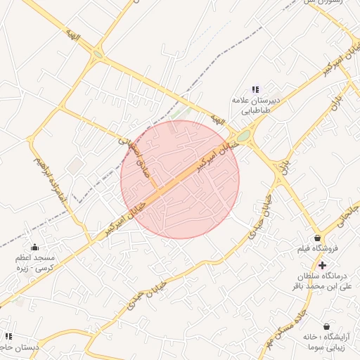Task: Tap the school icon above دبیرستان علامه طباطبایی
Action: (255, 89)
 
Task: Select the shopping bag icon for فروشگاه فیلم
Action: (318, 238)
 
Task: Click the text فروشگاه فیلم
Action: (316, 250)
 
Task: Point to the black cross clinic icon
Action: (322, 265)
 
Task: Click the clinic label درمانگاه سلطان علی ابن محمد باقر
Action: (322, 281)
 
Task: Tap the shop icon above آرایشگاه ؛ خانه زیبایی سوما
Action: (327, 326)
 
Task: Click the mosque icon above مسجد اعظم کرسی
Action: (35, 247)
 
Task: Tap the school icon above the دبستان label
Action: (8, 337)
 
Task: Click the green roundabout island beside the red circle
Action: (243, 136)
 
